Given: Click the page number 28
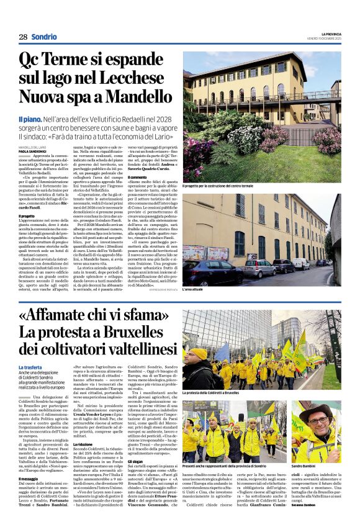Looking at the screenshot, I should tap(22, 37).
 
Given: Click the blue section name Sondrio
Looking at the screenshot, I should tap(44, 37).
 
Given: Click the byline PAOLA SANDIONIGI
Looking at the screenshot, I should tap(32, 151).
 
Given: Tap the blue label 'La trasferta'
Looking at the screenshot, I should tap(30, 367).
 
